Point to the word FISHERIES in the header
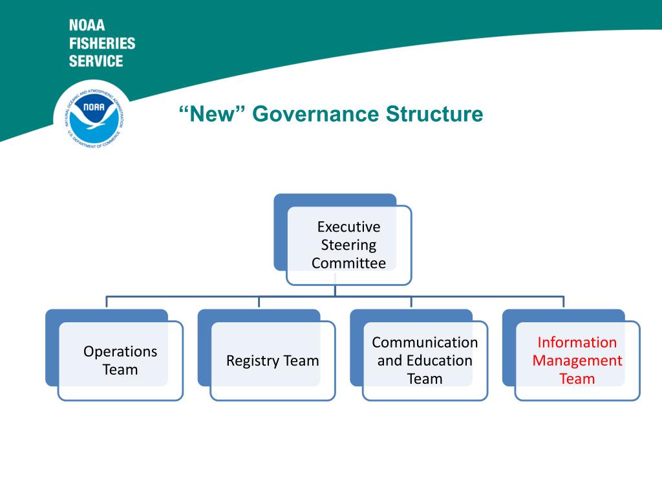pos(102,43)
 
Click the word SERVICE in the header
pos(96,61)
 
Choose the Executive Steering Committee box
pos(348,245)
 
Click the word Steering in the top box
pos(348,245)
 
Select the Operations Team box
pos(120,360)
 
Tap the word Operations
pos(120,351)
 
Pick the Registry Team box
pos(272,360)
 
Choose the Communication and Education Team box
pos(425,360)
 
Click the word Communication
pos(425,342)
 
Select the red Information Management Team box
pos(577,360)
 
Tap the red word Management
pos(577,360)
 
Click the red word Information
pos(577,342)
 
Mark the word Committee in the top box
pos(348,263)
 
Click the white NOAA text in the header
pos(87,26)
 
